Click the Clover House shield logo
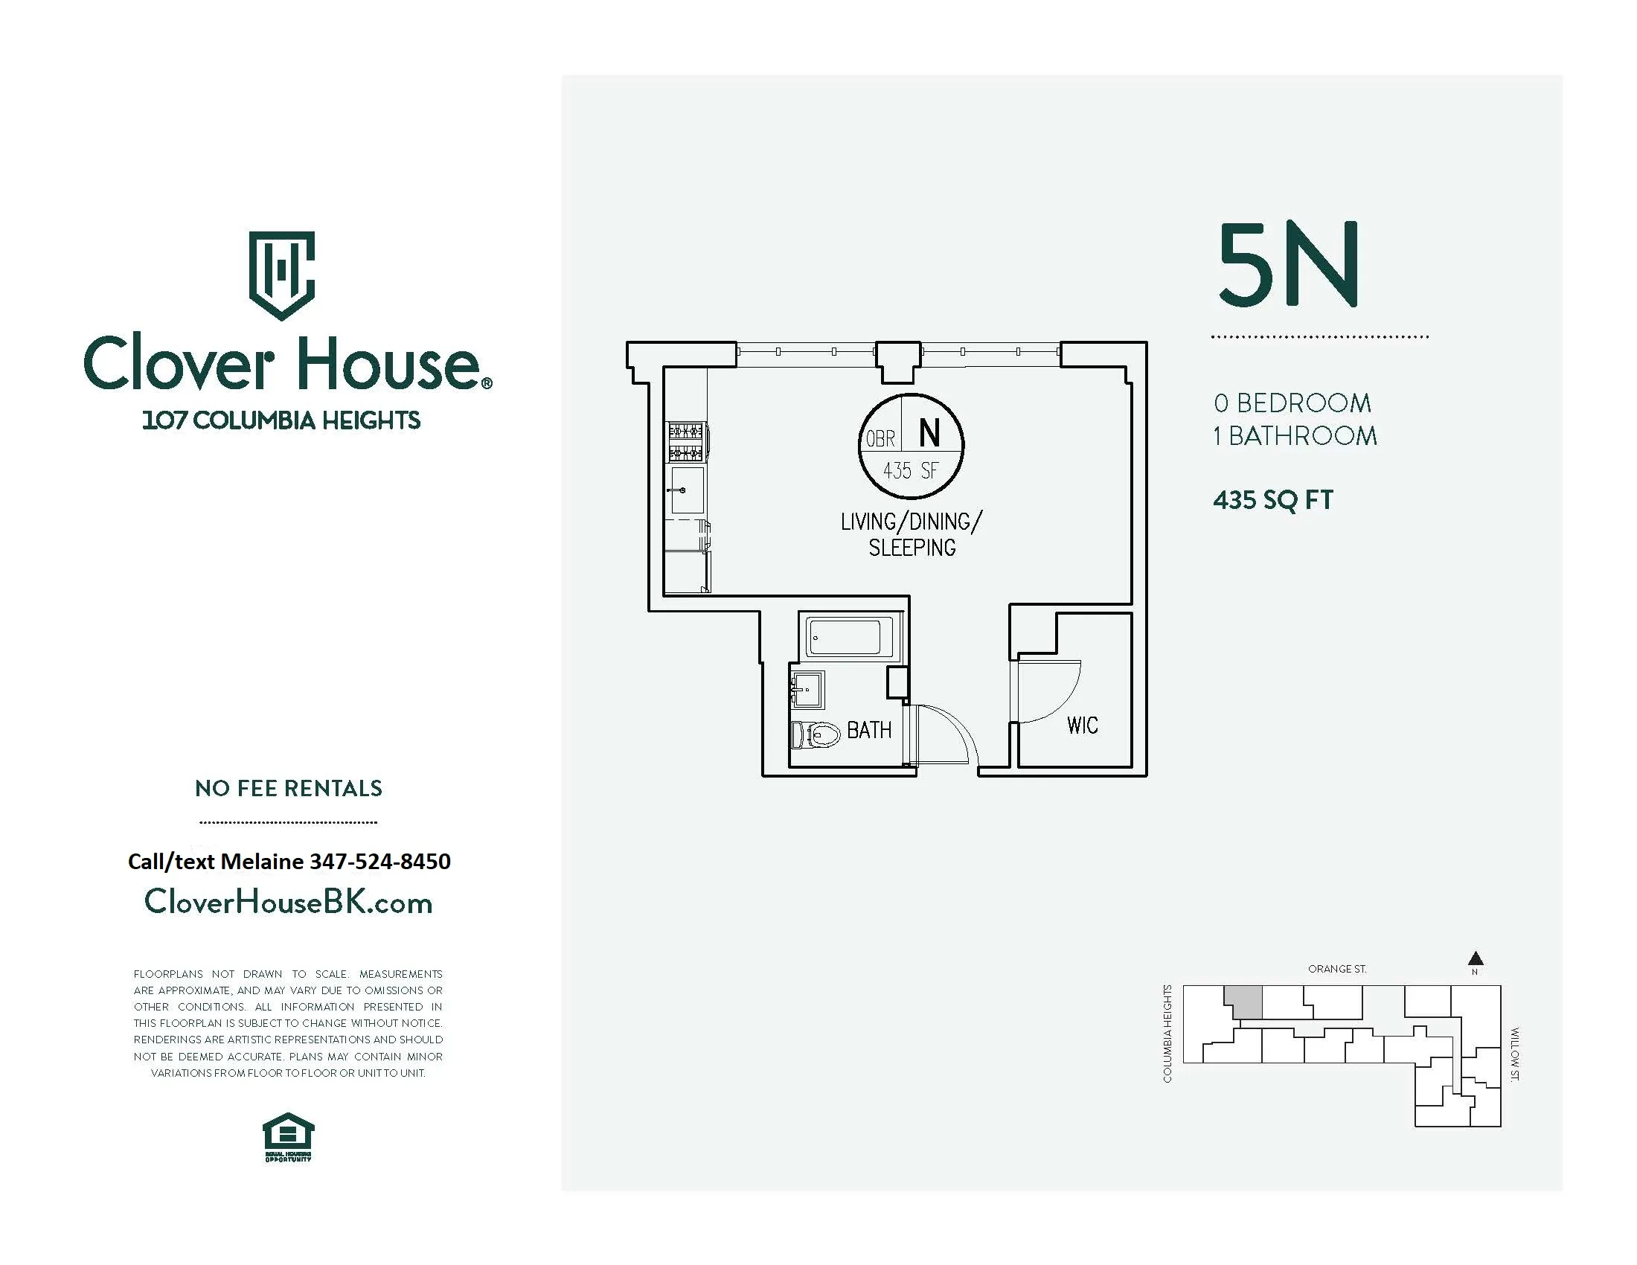pyautogui.click(x=281, y=275)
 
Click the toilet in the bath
pyautogui.click(x=816, y=734)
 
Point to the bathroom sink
pyautogui.click(x=808, y=688)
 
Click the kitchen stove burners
pyautogui.click(x=686, y=441)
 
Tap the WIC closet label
pyautogui.click(x=1082, y=726)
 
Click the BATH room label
pyautogui.click(x=868, y=730)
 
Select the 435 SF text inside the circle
pyautogui.click(x=911, y=471)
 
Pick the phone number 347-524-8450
pyautogui.click(x=380, y=862)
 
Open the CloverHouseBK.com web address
pyautogui.click(x=289, y=903)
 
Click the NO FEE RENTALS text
pyautogui.click(x=289, y=788)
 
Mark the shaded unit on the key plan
pyautogui.click(x=1243, y=1001)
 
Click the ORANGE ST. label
pyautogui.click(x=1336, y=969)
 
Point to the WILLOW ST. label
pyautogui.click(x=1514, y=1054)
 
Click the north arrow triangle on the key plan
pyautogui.click(x=1475, y=958)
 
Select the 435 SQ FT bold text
pyautogui.click(x=1272, y=500)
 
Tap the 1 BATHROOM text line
pyautogui.click(x=1295, y=436)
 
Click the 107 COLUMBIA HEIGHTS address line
pyautogui.click(x=281, y=420)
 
